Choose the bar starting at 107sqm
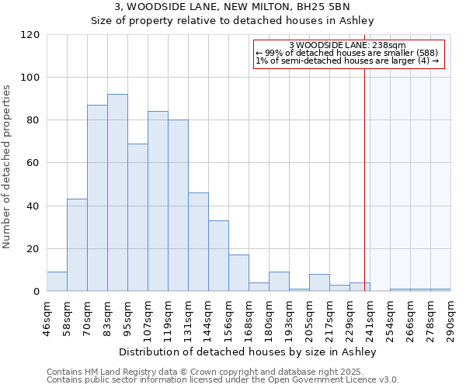158,201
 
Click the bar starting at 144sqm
218,256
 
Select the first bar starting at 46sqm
57,282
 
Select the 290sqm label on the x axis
450,319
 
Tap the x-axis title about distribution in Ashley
249,352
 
